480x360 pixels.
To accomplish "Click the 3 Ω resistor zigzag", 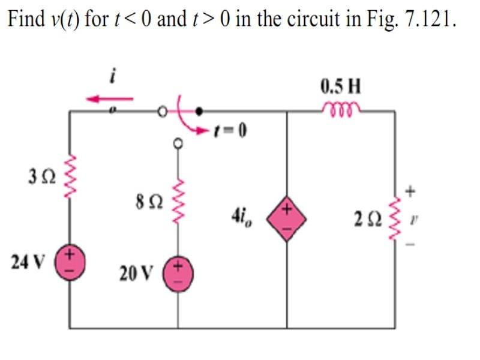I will (70, 178).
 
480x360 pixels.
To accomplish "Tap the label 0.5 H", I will (341, 88).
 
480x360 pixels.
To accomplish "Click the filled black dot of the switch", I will (200, 111).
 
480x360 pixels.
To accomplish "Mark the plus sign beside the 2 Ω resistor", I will (411, 192).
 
